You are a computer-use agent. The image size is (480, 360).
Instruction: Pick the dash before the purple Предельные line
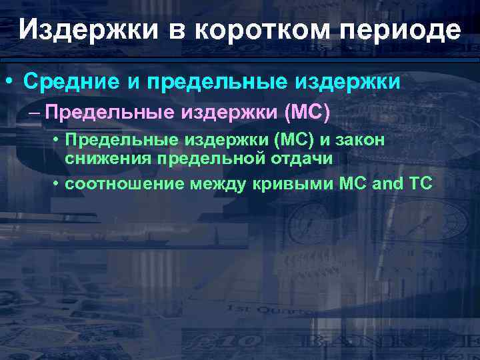pyautogui.click(x=35, y=111)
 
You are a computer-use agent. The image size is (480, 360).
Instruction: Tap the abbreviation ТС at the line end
pyautogui.click(x=419, y=183)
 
